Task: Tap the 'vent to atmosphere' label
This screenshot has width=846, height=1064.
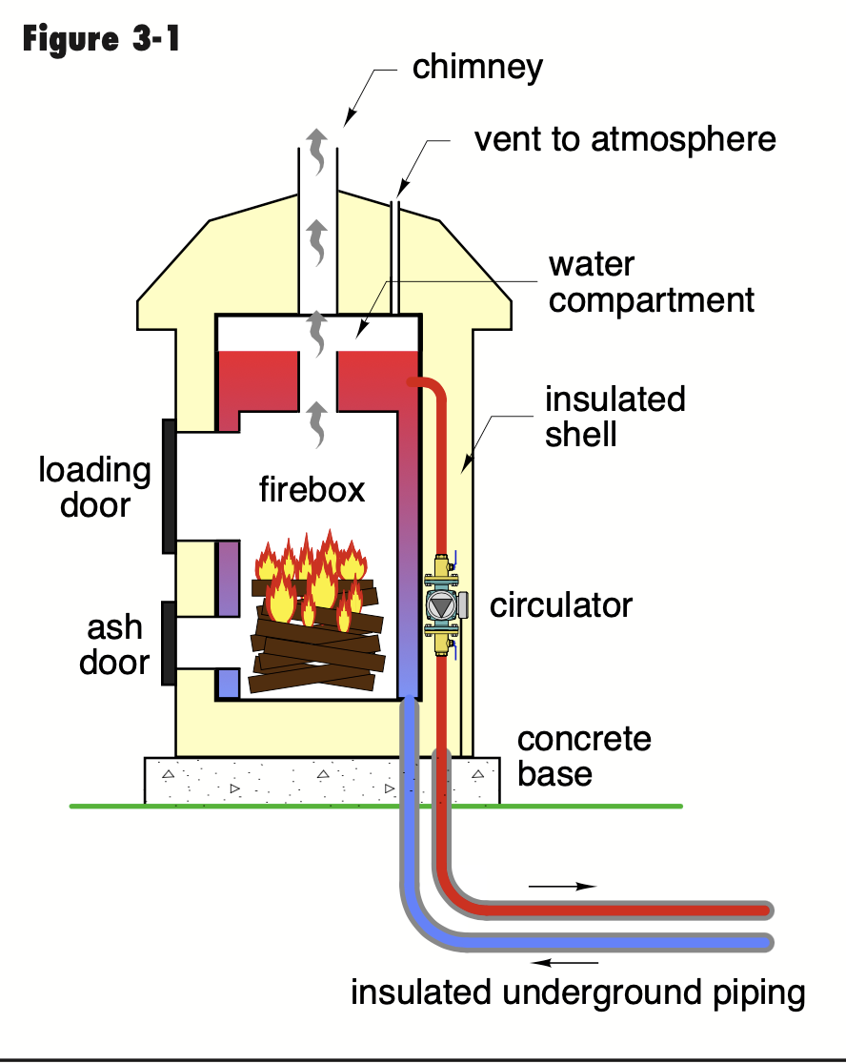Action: pos(625,139)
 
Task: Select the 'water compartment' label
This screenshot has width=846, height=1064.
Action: pos(651,283)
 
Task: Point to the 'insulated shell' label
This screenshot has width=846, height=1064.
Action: pos(614,417)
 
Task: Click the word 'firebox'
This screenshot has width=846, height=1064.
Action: pos(312,489)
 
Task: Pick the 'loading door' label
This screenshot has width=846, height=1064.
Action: pos(94,487)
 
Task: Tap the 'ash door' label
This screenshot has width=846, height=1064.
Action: pos(114,645)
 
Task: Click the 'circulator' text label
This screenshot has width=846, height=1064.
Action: pos(560,604)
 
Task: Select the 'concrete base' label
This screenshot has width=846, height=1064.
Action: pos(584,756)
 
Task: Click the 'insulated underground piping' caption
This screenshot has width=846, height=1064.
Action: pos(577,992)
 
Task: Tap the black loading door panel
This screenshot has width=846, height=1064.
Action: pos(169,485)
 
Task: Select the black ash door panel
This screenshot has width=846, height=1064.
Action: pos(169,643)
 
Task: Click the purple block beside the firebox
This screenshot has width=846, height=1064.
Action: pos(228,578)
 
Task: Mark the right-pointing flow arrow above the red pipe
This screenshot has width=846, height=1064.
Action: pos(562,886)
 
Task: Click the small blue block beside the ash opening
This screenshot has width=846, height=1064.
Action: pos(227,683)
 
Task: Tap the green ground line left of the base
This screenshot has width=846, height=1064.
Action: pos(105,807)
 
